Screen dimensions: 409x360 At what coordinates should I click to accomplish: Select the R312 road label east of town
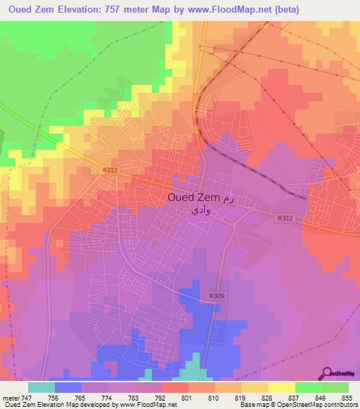[x=285, y=218]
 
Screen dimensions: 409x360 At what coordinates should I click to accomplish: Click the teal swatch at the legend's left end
[x=41, y=387]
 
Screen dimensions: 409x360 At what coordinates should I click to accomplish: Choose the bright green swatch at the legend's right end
[x=335, y=387]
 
